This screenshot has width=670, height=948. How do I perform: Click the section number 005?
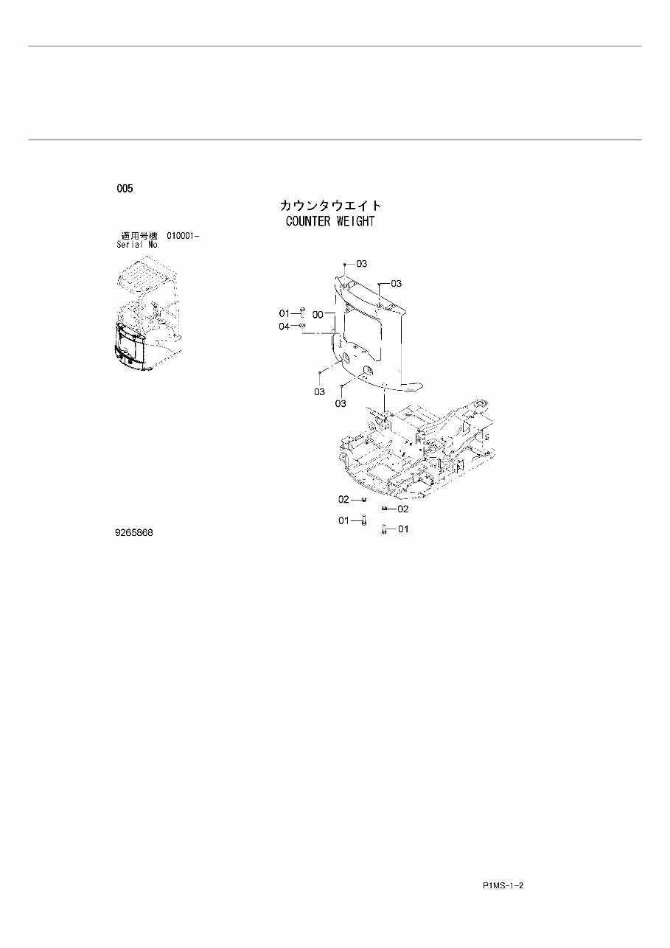pos(125,189)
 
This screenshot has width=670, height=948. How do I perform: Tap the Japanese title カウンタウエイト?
pos(330,206)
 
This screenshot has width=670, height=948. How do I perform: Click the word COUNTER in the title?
pos(309,221)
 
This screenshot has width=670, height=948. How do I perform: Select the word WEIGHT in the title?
pos(355,221)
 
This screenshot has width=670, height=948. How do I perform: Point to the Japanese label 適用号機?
pos(139,236)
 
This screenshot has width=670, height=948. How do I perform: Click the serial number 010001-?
pos(183,236)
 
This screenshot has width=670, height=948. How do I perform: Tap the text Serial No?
pos(138,245)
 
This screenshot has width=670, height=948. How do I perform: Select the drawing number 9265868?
pos(133,532)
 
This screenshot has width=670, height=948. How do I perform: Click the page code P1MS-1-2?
pos(503,885)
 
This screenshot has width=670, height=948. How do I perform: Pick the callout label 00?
pos(318,314)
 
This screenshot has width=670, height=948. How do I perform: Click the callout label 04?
pos(284,327)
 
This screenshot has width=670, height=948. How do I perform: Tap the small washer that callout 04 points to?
pos(302,326)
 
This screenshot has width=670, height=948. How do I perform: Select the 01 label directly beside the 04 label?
pos(284,314)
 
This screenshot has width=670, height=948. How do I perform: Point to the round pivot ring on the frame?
pos(481,405)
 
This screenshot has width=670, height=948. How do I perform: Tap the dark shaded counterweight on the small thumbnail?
pos(131,346)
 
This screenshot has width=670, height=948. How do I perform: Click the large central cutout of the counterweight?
pos(361,325)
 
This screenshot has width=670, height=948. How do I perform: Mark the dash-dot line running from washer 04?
pos(319,334)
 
